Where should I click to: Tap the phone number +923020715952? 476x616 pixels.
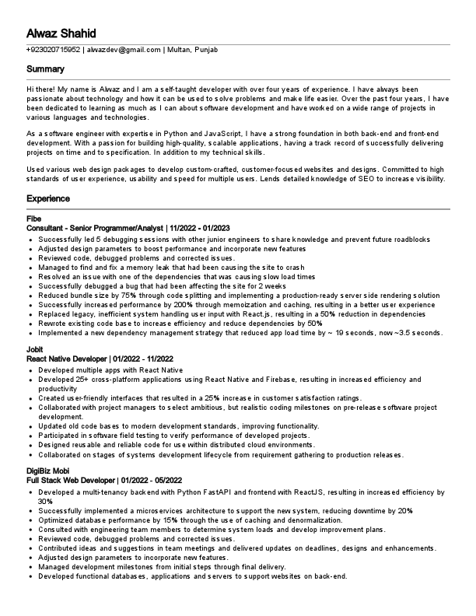coord(53,50)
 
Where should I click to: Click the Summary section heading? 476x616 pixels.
coord(45,70)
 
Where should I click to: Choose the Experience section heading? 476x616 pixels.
coord(49,199)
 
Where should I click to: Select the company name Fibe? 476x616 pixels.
coord(33,219)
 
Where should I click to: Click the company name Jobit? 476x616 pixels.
coord(35,351)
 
